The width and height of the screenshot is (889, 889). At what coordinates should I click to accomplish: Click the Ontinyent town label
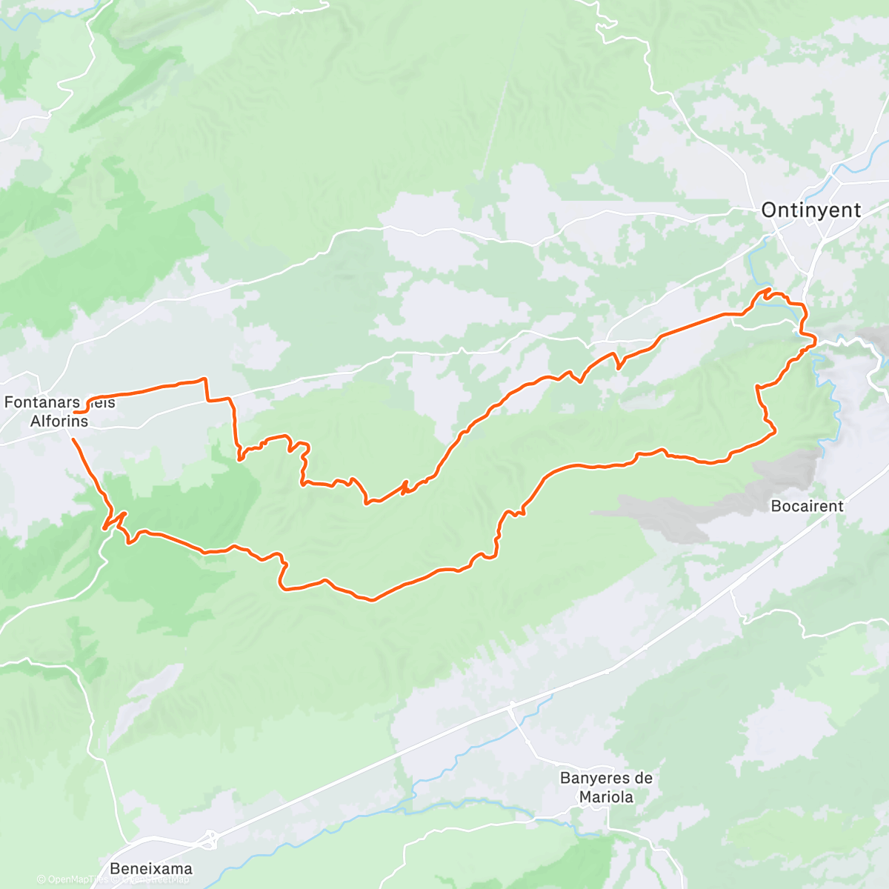(x=810, y=210)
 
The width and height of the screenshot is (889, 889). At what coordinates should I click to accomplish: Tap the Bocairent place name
(x=807, y=506)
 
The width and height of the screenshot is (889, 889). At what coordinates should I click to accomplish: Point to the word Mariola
(x=606, y=797)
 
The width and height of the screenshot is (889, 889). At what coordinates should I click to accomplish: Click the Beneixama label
(x=150, y=868)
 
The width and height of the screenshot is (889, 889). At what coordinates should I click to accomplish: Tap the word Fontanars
(x=41, y=402)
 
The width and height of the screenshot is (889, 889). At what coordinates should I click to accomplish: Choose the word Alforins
(x=59, y=422)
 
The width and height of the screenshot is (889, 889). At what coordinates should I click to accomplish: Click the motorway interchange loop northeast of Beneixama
(x=211, y=839)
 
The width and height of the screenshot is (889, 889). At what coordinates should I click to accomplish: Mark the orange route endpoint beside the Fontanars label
(x=76, y=411)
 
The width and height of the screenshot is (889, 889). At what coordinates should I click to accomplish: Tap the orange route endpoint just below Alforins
(x=72, y=439)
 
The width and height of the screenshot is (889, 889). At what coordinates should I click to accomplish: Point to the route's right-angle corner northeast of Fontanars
(x=204, y=379)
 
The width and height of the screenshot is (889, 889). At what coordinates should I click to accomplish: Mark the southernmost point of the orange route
(x=373, y=600)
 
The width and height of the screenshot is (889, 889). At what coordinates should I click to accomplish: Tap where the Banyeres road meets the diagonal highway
(x=511, y=708)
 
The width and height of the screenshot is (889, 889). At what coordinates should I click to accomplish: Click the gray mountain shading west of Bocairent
(x=667, y=515)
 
